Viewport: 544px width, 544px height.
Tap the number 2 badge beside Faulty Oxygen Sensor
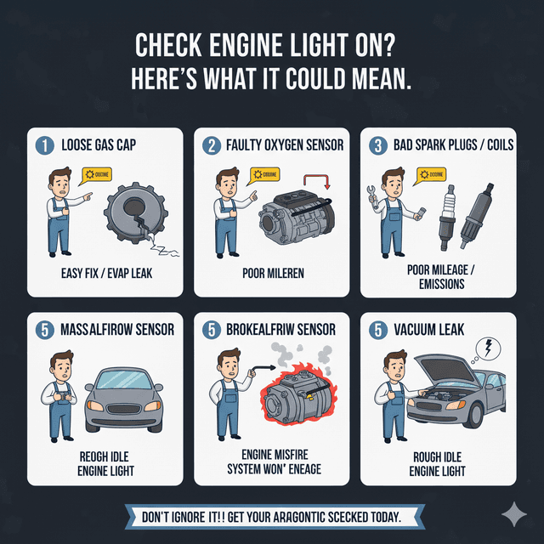point(210,144)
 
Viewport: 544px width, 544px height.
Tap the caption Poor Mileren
point(272,274)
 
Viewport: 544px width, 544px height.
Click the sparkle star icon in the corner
point(513,513)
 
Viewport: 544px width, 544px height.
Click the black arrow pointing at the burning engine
point(266,371)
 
